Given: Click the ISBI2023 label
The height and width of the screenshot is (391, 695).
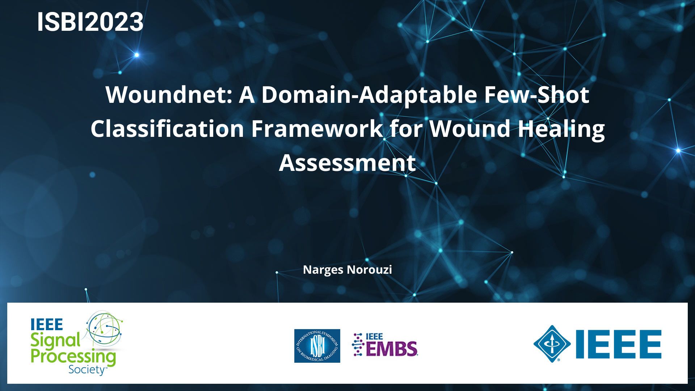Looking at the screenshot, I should [x=90, y=22].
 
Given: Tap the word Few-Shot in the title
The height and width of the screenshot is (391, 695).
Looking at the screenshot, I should [x=537, y=95].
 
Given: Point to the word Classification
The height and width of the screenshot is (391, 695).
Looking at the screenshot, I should [x=167, y=129].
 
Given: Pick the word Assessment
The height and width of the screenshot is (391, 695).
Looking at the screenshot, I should [x=347, y=163].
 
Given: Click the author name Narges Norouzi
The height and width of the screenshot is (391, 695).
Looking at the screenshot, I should [x=347, y=270].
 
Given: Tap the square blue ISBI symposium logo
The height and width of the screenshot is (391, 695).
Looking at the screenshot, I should [x=317, y=346].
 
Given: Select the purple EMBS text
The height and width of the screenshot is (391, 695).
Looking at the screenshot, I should [x=392, y=349].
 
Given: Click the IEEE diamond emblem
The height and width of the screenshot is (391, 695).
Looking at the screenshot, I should [x=552, y=344].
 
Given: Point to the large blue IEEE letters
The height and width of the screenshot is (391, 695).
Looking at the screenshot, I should [x=619, y=344].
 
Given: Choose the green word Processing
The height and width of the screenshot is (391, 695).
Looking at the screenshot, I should [x=73, y=357].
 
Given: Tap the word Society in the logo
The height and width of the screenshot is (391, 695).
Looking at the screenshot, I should [x=87, y=370].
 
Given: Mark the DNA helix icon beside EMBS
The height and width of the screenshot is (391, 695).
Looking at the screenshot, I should [x=358, y=344].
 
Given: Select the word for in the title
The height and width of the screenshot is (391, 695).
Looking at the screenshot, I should [x=406, y=129].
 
